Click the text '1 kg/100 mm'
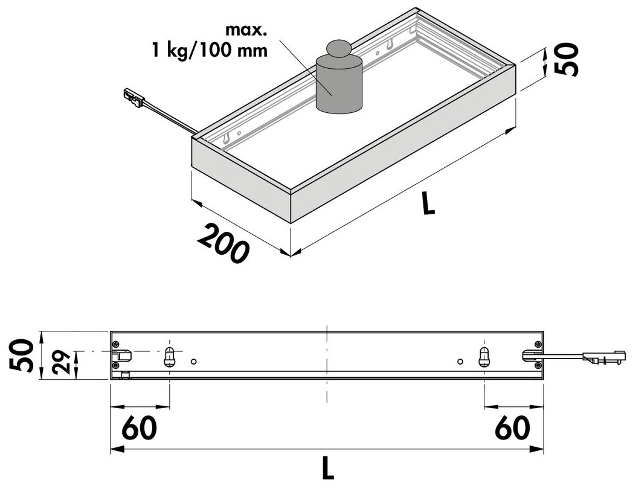coord(210,51)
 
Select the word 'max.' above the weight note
coord(246,30)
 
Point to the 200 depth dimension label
coord(222,244)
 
